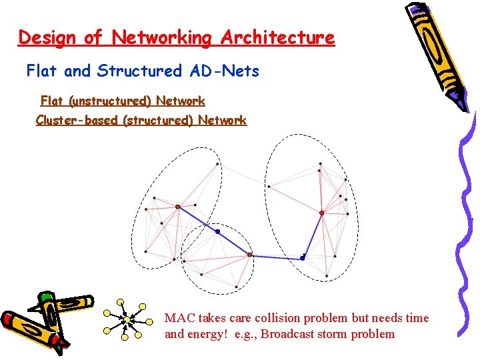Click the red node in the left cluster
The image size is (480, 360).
[177, 207]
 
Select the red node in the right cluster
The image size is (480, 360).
[321, 213]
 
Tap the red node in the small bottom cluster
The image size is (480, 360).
[250, 255]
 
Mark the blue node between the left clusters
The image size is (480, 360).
[217, 231]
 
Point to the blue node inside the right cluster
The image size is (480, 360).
[302, 257]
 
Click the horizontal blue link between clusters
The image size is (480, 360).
[276, 257]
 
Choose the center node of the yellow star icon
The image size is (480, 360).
[127, 321]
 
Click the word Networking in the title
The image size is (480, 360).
[161, 37]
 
